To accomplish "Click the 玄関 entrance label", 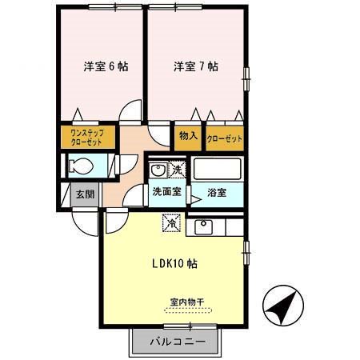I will pyautogui.click(x=84, y=194).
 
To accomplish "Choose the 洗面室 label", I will pyautogui.click(x=166, y=193).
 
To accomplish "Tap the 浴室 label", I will pyautogui.click(x=215, y=193).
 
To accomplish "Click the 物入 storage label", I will pyautogui.click(x=188, y=136).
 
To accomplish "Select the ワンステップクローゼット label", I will pyautogui.click(x=86, y=136).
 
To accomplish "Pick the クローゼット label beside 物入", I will pyautogui.click(x=224, y=137).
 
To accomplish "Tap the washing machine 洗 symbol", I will pyautogui.click(x=177, y=170).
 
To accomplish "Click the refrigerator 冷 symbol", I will pyautogui.click(x=172, y=226).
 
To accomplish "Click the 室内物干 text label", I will pyautogui.click(x=186, y=302).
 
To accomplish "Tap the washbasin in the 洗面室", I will pyautogui.click(x=158, y=170).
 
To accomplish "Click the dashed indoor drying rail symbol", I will pyautogui.click(x=186, y=310).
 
